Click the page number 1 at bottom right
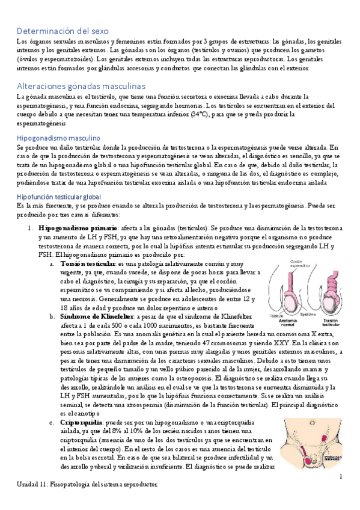coord(340,477)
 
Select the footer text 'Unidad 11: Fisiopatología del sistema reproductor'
coord(87,484)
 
